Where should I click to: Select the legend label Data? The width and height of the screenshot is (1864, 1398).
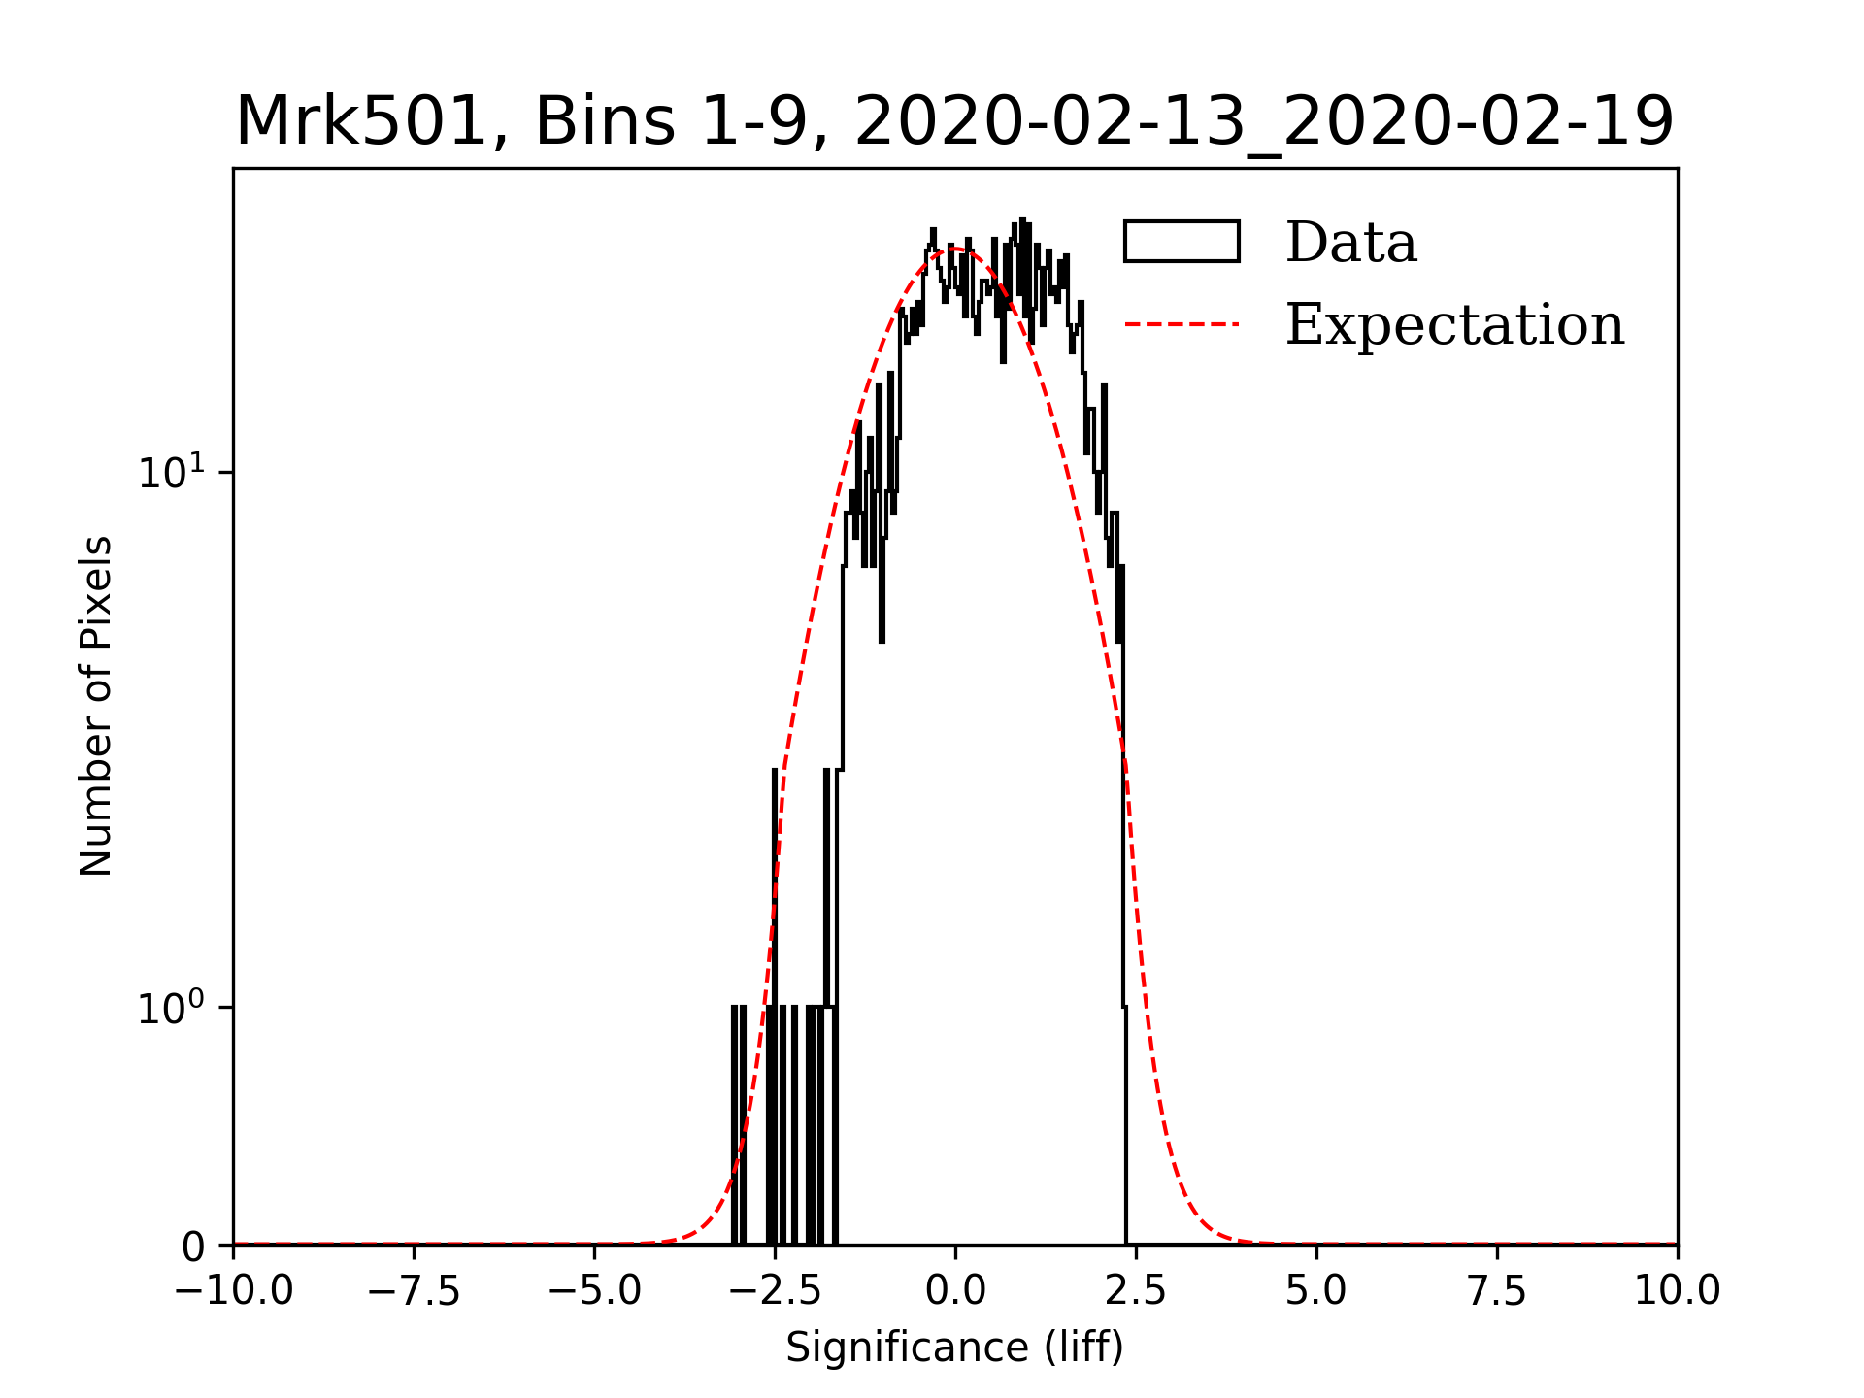(x=1350, y=243)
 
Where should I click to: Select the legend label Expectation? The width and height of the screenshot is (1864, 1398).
(x=1454, y=324)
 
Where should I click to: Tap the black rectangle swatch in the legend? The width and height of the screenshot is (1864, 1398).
(x=1182, y=242)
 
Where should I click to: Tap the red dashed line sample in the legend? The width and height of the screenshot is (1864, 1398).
(x=1182, y=324)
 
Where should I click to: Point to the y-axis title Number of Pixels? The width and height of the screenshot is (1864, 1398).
(x=96, y=706)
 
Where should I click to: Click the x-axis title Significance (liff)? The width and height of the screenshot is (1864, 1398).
(x=954, y=1348)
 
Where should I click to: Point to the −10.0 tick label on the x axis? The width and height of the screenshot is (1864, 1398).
(x=233, y=1291)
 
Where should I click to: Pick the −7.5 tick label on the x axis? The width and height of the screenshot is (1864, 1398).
(x=414, y=1291)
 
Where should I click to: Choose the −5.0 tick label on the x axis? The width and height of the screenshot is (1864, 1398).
(x=594, y=1291)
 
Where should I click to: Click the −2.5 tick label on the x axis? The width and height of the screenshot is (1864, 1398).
(x=775, y=1291)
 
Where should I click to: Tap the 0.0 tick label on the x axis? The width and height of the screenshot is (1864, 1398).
(x=955, y=1291)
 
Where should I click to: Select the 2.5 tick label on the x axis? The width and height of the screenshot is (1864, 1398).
(x=1136, y=1291)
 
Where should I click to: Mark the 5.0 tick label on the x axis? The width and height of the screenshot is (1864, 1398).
(x=1316, y=1291)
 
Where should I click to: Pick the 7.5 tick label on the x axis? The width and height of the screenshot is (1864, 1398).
(x=1497, y=1291)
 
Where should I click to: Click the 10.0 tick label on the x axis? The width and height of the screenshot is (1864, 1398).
(x=1678, y=1291)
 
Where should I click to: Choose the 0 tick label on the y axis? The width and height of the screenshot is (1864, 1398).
(x=193, y=1247)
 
